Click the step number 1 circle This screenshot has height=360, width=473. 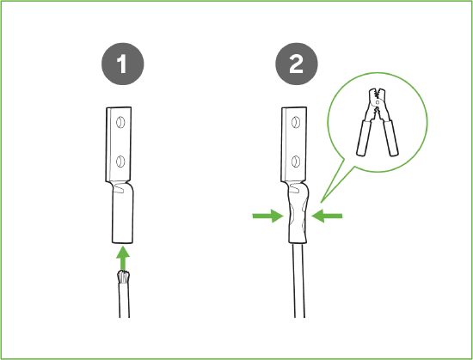pos(123,64)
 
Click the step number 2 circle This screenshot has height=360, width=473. pos(297,64)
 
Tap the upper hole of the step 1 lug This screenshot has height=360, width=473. pos(120,122)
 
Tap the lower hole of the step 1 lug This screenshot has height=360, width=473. pos(120,162)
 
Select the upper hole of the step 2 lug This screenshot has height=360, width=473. pos(296,122)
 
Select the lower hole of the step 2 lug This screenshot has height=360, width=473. pos(296,162)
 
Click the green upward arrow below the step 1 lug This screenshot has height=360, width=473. pos(123,258)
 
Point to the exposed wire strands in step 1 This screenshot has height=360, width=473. pos(124,277)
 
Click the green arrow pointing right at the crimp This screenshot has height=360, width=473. pos(267,216)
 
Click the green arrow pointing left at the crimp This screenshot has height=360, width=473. pos(327,216)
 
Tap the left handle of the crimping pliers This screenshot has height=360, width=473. pos(364,137)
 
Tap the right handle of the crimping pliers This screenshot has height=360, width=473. pos(391,137)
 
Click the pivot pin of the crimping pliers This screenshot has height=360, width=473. pos(378,102)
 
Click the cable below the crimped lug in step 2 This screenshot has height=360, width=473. pos(298,280)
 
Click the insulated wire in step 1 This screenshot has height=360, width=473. pos(124,300)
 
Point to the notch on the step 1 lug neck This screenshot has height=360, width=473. pos(120,188)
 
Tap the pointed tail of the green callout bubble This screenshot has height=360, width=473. pos(322,202)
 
